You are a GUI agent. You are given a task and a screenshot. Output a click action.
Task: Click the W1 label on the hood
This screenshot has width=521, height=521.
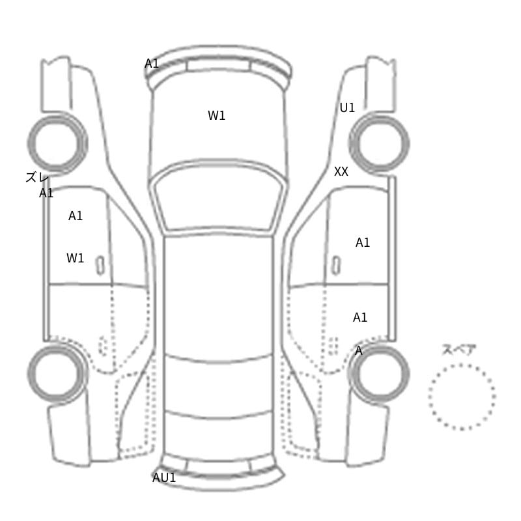point(216,116)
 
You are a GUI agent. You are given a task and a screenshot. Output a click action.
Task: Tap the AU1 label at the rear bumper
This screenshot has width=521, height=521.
point(164,478)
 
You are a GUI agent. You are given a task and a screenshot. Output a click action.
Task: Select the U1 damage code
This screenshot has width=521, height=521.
point(347,107)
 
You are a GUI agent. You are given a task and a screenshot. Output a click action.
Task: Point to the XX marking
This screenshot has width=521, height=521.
point(341,172)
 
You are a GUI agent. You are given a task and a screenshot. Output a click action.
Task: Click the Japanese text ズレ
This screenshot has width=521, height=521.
point(37,177)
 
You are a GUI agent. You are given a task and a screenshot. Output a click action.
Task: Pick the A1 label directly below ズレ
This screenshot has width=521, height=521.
point(46,193)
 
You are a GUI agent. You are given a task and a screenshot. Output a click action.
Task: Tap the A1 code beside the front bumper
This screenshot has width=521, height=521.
point(152,63)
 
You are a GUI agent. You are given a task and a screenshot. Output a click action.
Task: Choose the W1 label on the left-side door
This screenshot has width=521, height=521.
point(75,258)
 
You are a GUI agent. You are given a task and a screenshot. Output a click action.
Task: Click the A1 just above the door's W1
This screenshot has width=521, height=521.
point(76,216)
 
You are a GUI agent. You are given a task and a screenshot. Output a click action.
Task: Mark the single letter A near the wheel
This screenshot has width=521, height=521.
point(359,351)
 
